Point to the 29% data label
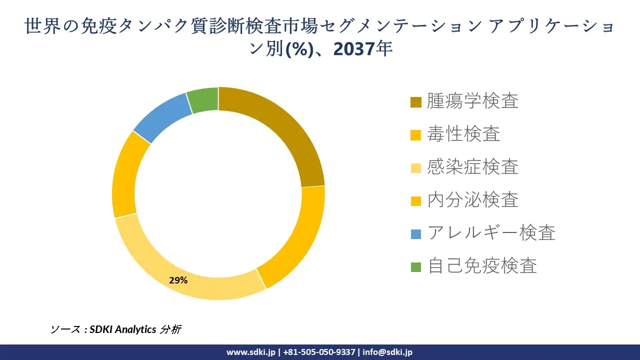(178, 280)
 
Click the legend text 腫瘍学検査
(472, 101)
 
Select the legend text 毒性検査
(463, 134)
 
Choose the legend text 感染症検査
(472, 167)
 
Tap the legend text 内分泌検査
(472, 200)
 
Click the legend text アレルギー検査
(491, 233)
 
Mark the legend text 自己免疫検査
(482, 265)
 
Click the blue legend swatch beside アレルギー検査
(416, 233)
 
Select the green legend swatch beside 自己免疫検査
(416, 266)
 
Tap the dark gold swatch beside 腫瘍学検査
(416, 102)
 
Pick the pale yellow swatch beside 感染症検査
(416, 168)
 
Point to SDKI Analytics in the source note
(123, 329)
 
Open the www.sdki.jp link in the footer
(250, 352)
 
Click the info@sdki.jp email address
(387, 352)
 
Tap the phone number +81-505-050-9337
(319, 352)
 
